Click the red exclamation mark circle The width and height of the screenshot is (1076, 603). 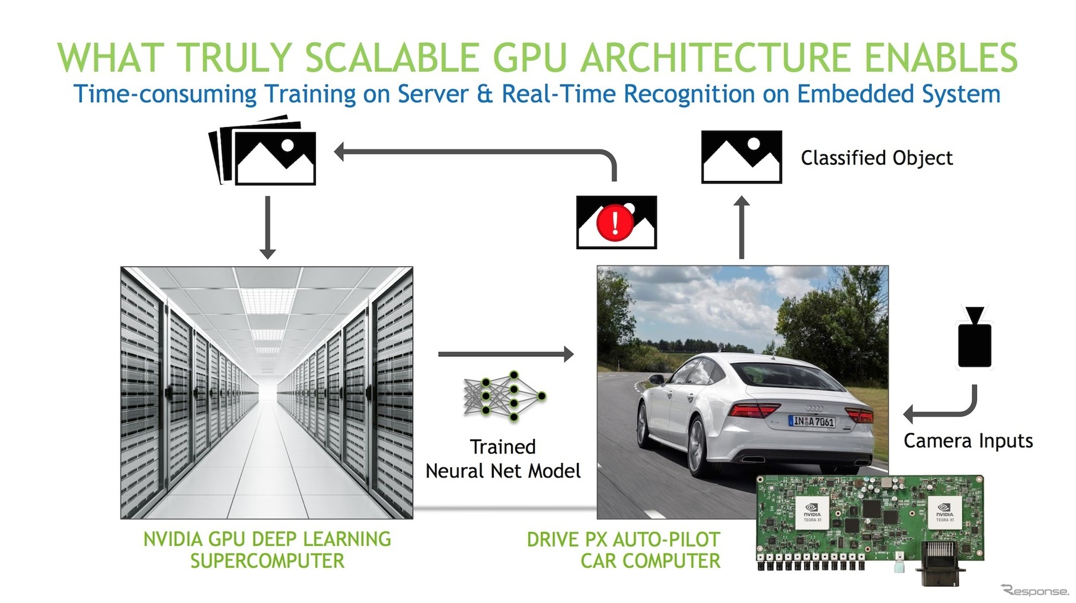pos(615,223)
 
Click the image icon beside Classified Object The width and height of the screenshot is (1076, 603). pos(741,157)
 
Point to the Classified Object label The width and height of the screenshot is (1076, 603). pos(876,158)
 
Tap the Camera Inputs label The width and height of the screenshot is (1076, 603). pos(968,441)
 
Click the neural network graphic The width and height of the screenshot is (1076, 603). pos(504,396)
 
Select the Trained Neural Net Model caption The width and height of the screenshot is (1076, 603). pos(503,459)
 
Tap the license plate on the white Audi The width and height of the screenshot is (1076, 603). pos(812,421)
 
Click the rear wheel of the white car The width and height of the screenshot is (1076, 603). pos(696,447)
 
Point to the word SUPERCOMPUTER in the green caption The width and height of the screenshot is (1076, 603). pos(267,561)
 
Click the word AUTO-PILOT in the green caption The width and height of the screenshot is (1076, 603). pos(666,539)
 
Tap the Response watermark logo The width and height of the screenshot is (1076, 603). pos(1035,591)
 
